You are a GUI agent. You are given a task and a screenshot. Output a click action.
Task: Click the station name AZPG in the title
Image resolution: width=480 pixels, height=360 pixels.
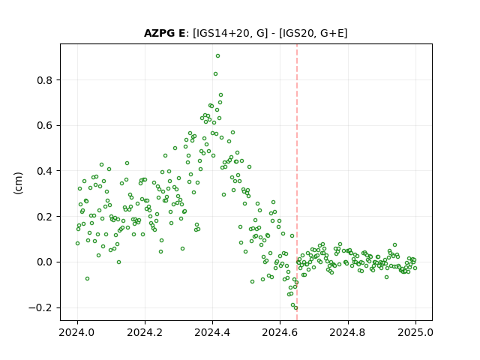pyautogui.click(x=160, y=33)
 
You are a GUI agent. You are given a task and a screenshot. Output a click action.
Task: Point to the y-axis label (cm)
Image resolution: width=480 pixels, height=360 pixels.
pyautogui.click(x=18, y=183)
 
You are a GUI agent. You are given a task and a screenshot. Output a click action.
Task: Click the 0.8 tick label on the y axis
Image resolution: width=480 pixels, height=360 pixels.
pyautogui.click(x=45, y=80)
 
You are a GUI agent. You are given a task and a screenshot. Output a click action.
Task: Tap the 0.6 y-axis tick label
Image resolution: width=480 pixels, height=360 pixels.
pyautogui.click(x=45, y=125)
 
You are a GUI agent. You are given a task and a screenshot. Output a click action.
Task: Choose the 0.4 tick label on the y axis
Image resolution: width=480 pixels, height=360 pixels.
pyautogui.click(x=45, y=171)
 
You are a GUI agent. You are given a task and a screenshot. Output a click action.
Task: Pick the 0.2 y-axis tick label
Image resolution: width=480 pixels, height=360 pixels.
pyautogui.click(x=45, y=217)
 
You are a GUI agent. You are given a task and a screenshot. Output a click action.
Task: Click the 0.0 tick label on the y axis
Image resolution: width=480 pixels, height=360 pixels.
pyautogui.click(x=45, y=262)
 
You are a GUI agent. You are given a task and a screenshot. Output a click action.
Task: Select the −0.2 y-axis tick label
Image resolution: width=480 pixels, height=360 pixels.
pyautogui.click(x=40, y=307)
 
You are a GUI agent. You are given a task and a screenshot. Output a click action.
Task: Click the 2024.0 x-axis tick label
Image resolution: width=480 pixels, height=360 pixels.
pyautogui.click(x=77, y=332)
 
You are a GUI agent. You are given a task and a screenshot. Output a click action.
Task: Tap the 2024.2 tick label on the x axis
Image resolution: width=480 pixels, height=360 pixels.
pyautogui.click(x=145, y=332)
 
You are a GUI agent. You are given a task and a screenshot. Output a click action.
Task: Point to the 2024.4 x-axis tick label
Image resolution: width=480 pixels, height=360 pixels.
pyautogui.click(x=212, y=332)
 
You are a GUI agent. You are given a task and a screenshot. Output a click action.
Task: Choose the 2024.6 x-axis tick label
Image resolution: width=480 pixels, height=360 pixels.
pyautogui.click(x=280, y=332)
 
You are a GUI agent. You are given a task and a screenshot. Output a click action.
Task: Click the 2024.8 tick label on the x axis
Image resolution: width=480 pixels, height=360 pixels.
pyautogui.click(x=347, y=332)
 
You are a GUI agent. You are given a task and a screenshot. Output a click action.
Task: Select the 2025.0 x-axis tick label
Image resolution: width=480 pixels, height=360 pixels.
pyautogui.click(x=415, y=332)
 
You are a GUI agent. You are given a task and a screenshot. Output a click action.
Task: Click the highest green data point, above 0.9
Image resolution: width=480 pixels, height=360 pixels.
pyautogui.click(x=217, y=56)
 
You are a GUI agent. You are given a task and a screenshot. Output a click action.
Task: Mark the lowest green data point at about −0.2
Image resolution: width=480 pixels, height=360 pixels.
pyautogui.click(x=295, y=308)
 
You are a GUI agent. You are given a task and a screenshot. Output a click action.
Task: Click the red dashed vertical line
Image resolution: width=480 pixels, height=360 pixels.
pyautogui.click(x=297, y=182)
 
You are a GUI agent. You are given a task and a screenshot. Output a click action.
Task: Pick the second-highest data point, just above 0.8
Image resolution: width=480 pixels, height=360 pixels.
pyautogui.click(x=215, y=74)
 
